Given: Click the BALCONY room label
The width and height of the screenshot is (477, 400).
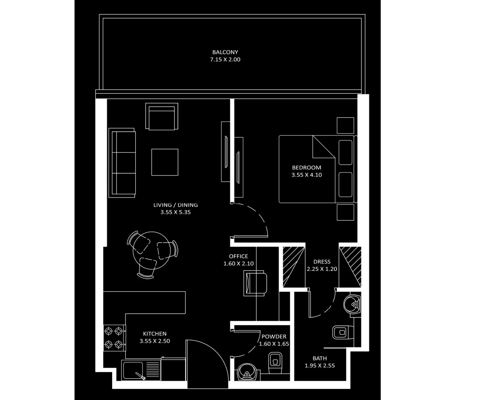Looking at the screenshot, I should pyautogui.click(x=225, y=52).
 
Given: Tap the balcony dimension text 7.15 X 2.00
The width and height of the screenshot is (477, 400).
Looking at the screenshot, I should pyautogui.click(x=225, y=59).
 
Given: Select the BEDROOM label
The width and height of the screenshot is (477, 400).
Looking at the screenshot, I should pyautogui.click(x=307, y=167).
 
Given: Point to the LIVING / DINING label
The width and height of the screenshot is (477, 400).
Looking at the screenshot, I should pyautogui.click(x=176, y=205).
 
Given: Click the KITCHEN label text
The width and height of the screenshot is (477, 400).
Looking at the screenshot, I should pyautogui.click(x=155, y=334).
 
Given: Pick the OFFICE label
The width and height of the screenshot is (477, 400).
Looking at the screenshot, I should pyautogui.click(x=238, y=256).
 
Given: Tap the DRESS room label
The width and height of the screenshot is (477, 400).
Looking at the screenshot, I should pyautogui.click(x=322, y=262).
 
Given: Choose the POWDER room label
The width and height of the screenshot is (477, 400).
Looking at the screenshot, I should pyautogui.click(x=274, y=337).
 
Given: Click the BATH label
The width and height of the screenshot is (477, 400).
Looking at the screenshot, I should pyautogui.click(x=319, y=358).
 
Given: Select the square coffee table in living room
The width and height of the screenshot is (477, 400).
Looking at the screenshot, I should pyautogui.click(x=165, y=162).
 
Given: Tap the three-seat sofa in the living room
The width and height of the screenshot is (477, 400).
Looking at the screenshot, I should pyautogui.click(x=122, y=163).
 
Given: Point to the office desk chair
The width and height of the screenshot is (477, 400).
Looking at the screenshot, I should pyautogui.click(x=255, y=283).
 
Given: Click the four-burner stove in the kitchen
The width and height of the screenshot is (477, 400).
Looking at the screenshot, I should pyautogui.click(x=114, y=338).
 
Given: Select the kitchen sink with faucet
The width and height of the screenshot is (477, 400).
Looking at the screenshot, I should pyautogui.click(x=134, y=371).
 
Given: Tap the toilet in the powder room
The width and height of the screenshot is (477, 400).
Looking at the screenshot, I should pyautogui.click(x=274, y=364).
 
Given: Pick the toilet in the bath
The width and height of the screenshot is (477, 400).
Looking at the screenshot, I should pyautogui.click(x=341, y=333).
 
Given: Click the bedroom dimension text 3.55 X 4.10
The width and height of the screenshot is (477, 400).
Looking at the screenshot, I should pyautogui.click(x=307, y=175).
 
